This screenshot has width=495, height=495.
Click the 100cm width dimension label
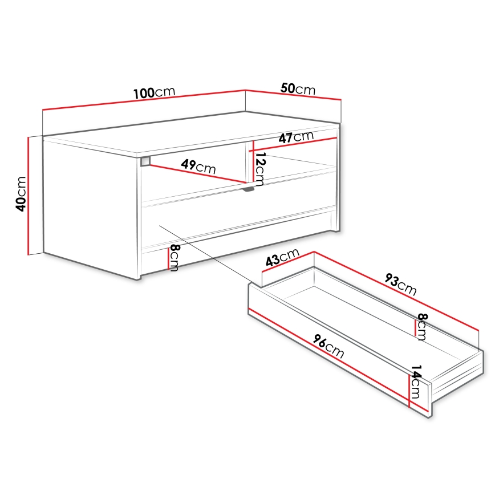click(x=153, y=93)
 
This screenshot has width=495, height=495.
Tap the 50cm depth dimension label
click(x=298, y=89)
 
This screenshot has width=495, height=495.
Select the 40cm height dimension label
click(x=21, y=194)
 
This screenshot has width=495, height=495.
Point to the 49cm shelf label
click(x=198, y=167)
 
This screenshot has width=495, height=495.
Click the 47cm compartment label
click(x=296, y=137)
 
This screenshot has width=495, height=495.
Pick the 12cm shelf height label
click(x=259, y=169)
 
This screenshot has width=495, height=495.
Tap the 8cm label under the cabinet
click(x=175, y=258)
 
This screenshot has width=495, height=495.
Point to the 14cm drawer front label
click(x=416, y=382)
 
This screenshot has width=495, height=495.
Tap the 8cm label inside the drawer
click(x=421, y=326)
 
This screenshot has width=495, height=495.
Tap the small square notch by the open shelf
click(x=145, y=161)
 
